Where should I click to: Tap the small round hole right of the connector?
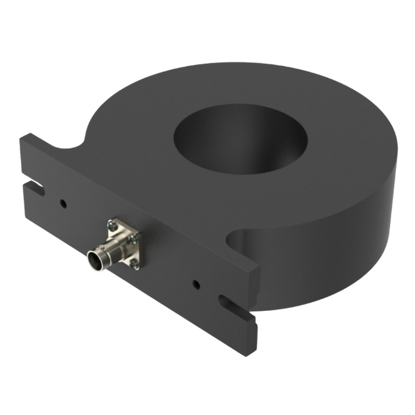(196, 285)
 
